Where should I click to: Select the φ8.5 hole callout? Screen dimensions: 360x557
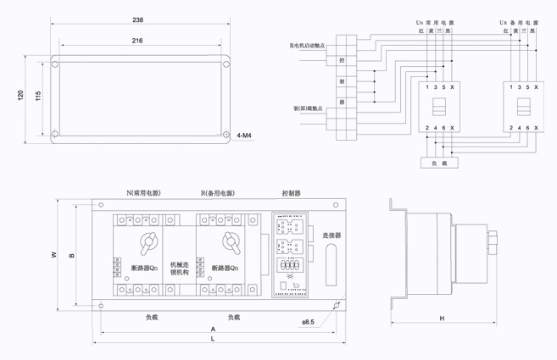(x=308, y=322)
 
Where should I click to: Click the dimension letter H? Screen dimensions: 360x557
(x=443, y=318)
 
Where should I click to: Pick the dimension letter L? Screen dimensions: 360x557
(x=213, y=339)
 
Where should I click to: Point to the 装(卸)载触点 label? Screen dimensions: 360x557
(x=306, y=109)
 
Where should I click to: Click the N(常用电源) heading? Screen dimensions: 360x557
(x=143, y=194)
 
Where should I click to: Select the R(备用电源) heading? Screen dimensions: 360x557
(x=219, y=194)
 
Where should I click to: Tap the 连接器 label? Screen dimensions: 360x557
(x=331, y=235)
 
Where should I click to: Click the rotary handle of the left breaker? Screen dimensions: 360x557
(x=148, y=243)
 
